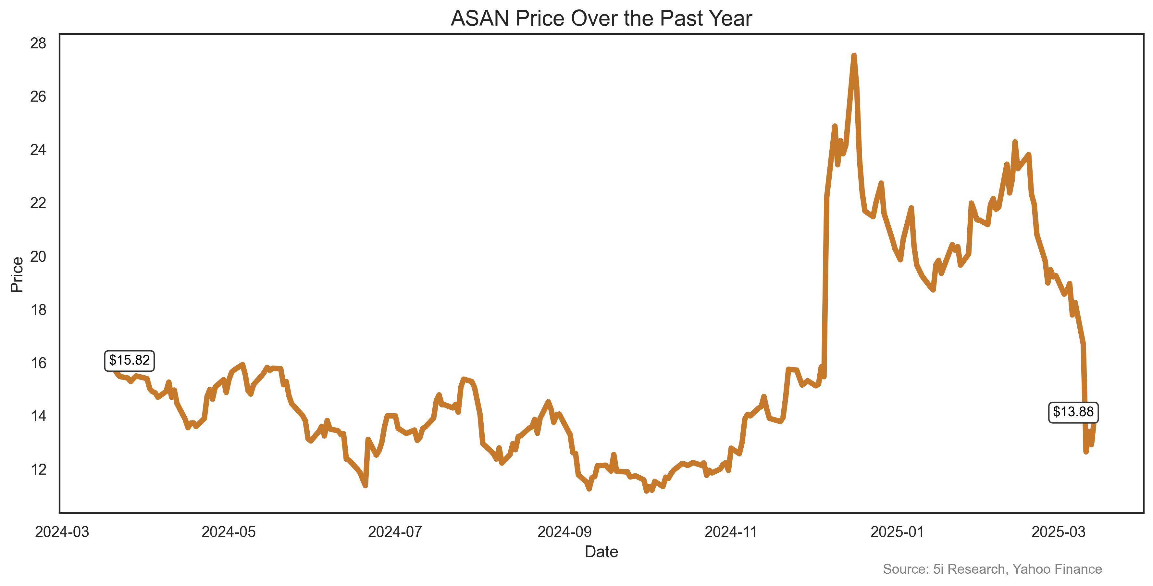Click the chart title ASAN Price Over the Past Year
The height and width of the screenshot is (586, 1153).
pyautogui.click(x=601, y=19)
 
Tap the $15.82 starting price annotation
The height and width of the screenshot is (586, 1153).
pyautogui.click(x=129, y=360)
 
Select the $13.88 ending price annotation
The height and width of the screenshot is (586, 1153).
pyautogui.click(x=1073, y=412)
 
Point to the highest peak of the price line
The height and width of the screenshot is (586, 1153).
pyautogui.click(x=854, y=56)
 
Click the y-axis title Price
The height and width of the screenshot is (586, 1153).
pyautogui.click(x=17, y=274)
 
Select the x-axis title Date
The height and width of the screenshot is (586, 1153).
pyautogui.click(x=601, y=552)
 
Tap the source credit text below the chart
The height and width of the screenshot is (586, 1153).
pyautogui.click(x=992, y=569)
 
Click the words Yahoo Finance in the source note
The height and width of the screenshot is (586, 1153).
pyautogui.click(x=1057, y=569)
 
